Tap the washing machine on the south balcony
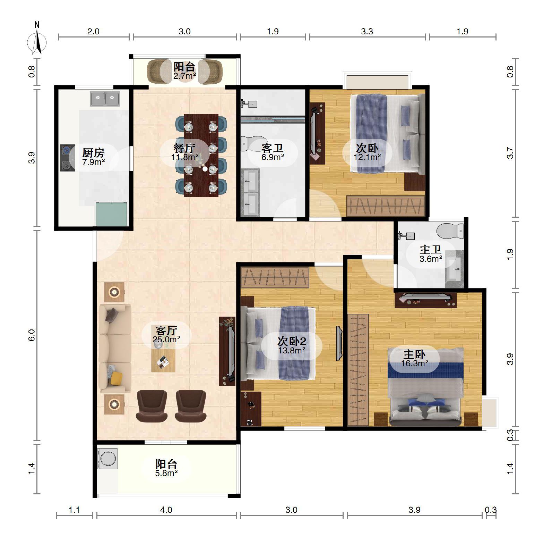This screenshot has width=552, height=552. pyautogui.click(x=107, y=459)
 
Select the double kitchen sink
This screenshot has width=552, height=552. pyautogui.click(x=105, y=99)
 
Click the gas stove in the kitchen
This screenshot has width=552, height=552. pyautogui.click(x=68, y=158)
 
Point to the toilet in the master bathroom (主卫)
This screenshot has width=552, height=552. pyautogui.click(x=450, y=231)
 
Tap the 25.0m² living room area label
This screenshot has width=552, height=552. pyautogui.click(x=166, y=340)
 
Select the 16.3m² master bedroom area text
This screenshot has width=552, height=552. pyautogui.click(x=415, y=363)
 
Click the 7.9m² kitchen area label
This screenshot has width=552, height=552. pyautogui.click(x=94, y=162)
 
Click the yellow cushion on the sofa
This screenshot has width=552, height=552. pyautogui.click(x=116, y=378)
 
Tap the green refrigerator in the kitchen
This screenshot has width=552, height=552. pyautogui.click(x=111, y=214)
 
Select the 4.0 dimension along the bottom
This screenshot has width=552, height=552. pyautogui.click(x=166, y=510)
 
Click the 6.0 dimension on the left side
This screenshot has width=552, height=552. pyautogui.click(x=32, y=335)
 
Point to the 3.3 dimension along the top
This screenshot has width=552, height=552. pyautogui.click(x=367, y=32)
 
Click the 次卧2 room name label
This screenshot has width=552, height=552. pyautogui.click(x=292, y=341)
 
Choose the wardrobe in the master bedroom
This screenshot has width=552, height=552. pyautogui.click(x=358, y=370)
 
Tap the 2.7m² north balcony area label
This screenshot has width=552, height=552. pyautogui.click(x=185, y=76)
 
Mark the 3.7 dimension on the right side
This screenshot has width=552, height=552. pyautogui.click(x=510, y=153)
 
